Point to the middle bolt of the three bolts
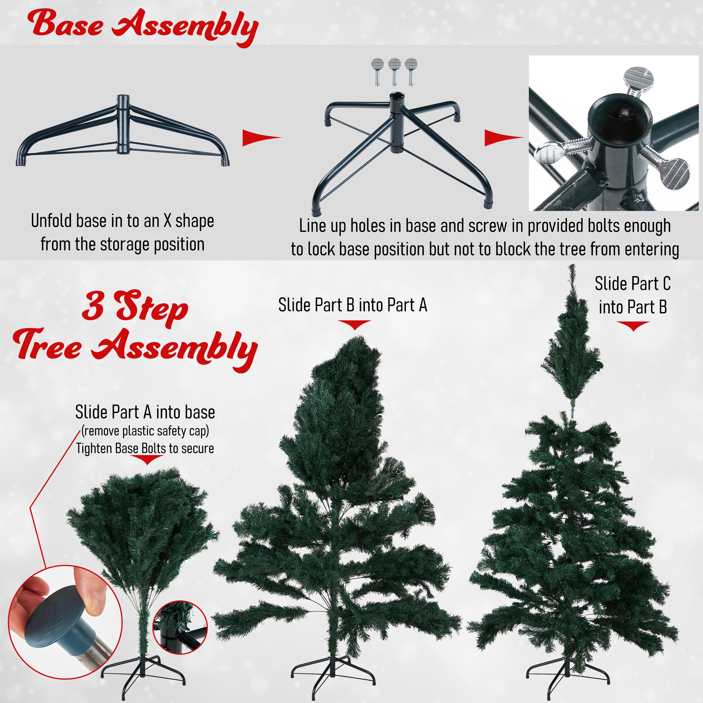coord(394,72)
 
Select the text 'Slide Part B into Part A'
coord(353,305)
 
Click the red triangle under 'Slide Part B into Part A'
coord(354,325)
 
